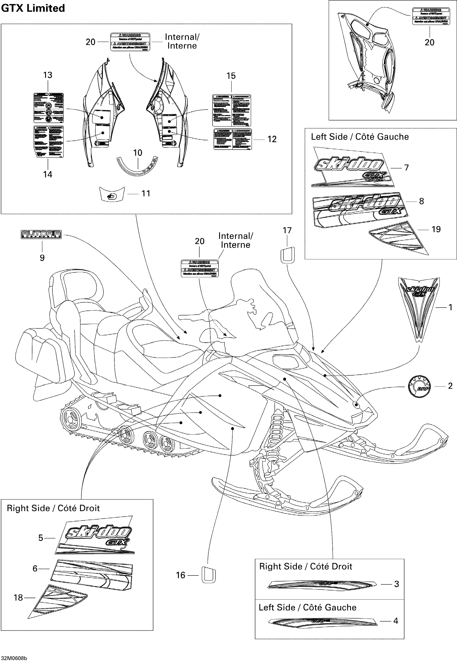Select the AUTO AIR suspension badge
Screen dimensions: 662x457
tap(41, 234)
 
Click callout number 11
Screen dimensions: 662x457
tap(146, 194)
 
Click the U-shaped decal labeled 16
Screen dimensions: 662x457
tap(209, 574)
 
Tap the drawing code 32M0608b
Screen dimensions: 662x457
tap(14, 658)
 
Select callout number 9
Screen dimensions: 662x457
tap(42, 258)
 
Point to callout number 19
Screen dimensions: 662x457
tap(436, 229)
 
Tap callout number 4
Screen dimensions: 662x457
tap(395, 621)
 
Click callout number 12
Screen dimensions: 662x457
tap(272, 139)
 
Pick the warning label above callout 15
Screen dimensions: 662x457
tap(231, 110)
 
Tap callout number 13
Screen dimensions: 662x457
tap(48, 75)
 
